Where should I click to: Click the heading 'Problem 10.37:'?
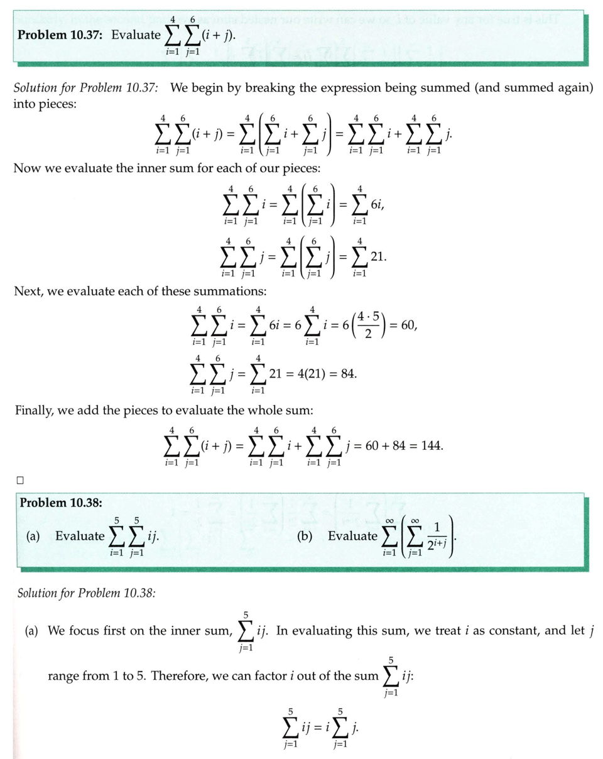[x=62, y=34]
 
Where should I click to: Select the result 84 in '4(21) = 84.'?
[x=347, y=373]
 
